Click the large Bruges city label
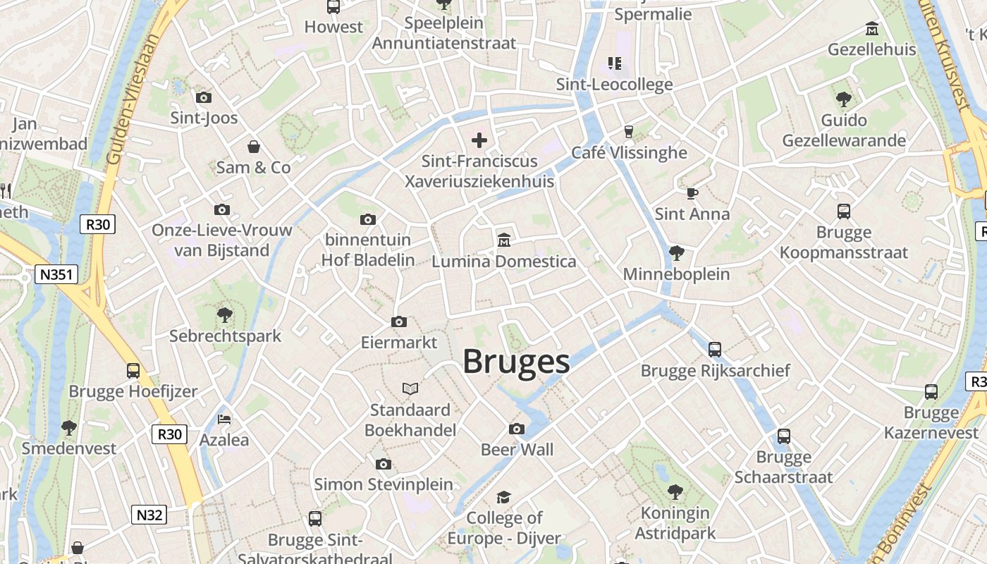516,362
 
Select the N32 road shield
149,515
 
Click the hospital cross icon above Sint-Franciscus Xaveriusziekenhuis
479,140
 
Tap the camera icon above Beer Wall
517,429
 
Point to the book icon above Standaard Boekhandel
410,388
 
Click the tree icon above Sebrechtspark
225,315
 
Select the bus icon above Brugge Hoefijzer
133,370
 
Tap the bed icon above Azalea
224,419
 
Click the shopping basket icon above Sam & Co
254,147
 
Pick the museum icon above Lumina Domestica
503,240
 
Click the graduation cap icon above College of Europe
503,498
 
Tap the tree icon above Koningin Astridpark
675,491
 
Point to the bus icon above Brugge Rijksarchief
715,349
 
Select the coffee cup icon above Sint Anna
692,193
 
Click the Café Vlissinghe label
629,152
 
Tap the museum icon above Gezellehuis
872,29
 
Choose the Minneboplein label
676,274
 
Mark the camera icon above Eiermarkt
399,322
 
